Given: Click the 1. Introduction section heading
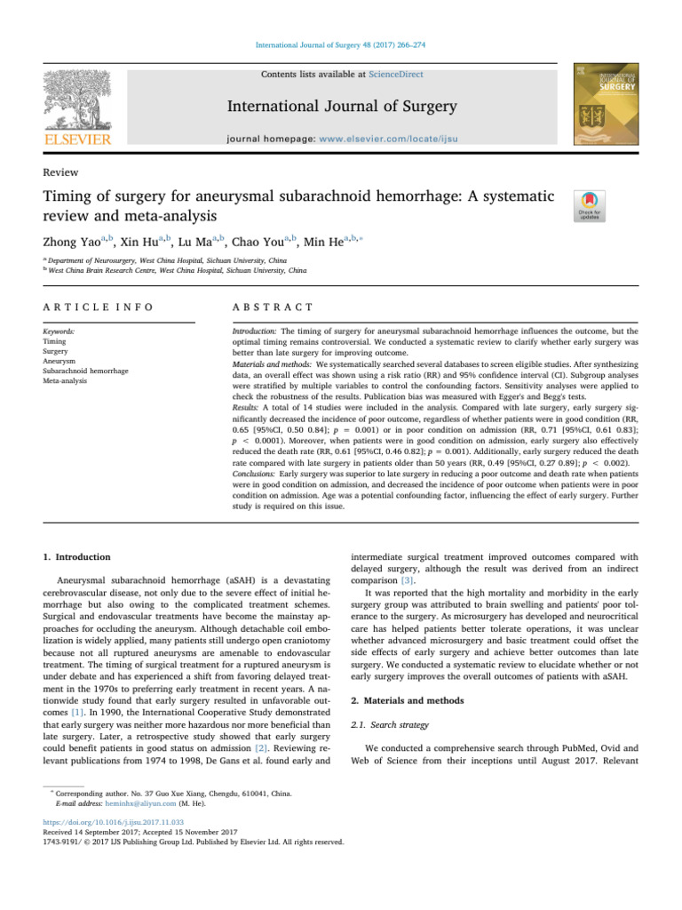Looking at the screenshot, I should (x=78, y=557).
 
